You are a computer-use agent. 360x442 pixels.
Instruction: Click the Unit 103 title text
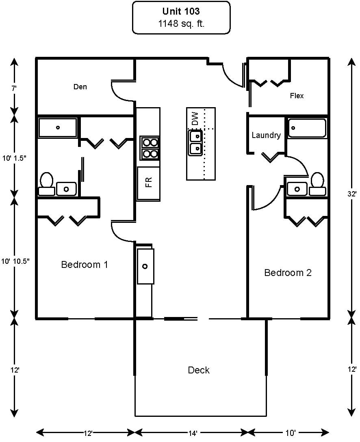coord(181,11)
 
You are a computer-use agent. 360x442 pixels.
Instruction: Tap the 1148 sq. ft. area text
coord(181,24)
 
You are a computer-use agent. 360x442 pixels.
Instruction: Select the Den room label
coord(80,87)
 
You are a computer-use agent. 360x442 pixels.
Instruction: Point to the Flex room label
coord(297,96)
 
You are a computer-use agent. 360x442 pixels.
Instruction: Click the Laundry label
coord(266,135)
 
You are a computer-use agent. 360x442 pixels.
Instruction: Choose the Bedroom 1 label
coord(85,265)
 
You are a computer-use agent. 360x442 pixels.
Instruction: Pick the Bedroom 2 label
coord(288,273)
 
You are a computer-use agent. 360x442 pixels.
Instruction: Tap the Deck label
coord(199,370)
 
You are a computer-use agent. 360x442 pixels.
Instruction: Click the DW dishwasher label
coord(195,119)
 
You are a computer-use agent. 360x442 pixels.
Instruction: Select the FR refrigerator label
coord(149,182)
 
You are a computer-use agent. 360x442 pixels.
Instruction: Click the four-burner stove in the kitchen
coord(150,148)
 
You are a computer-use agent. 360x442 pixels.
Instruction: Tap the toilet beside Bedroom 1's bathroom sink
coord(47,184)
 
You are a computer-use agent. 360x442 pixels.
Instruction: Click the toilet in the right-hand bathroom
coord(317,184)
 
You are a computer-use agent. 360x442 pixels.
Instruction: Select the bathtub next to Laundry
coord(307,128)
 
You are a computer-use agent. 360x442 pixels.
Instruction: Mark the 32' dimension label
coord(352,194)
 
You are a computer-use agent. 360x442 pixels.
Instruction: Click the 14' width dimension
coord(193,433)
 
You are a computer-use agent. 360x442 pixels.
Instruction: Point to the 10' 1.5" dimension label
coord(14,158)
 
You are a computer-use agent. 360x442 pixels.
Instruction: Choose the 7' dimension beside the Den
coord(14,88)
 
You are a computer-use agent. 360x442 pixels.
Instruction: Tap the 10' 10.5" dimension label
coord(15,261)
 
